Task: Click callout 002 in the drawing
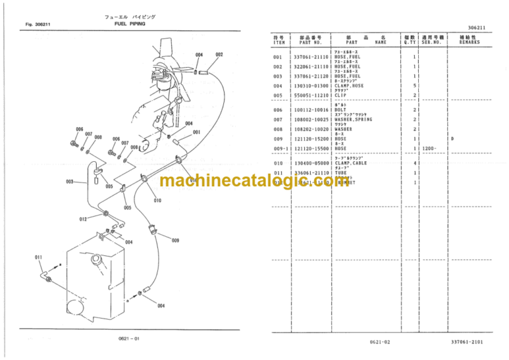click(x=219, y=54)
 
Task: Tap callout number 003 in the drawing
click(x=70, y=182)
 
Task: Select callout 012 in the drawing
click(x=83, y=219)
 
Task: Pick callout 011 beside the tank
click(x=38, y=257)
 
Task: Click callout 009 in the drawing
click(x=175, y=241)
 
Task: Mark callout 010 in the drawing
click(x=158, y=200)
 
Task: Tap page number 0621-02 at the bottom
click(x=382, y=342)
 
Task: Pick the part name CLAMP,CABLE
click(x=354, y=163)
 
